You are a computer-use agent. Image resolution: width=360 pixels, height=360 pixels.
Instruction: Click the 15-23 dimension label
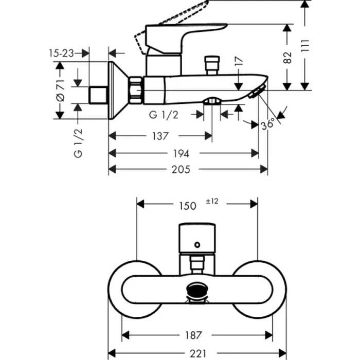click(x=61, y=53)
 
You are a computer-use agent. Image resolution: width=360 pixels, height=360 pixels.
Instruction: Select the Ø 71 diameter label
click(x=60, y=91)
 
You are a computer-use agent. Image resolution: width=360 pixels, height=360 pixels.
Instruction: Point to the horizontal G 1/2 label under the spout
click(x=164, y=115)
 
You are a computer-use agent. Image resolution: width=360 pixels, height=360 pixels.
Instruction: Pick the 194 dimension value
click(x=182, y=153)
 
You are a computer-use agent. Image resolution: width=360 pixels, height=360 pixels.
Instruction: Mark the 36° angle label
click(x=268, y=123)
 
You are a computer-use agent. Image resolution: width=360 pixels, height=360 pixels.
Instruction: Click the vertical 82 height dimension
click(x=288, y=57)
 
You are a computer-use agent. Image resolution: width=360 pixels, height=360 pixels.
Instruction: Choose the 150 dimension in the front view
click(x=187, y=205)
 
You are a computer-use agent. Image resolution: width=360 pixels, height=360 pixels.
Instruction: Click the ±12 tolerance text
click(x=212, y=202)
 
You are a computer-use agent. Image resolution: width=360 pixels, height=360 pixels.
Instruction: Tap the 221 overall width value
click(x=196, y=353)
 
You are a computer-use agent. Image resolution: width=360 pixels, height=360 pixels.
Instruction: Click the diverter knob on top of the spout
click(x=211, y=66)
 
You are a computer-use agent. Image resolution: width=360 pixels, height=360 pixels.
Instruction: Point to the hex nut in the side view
click(x=136, y=89)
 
